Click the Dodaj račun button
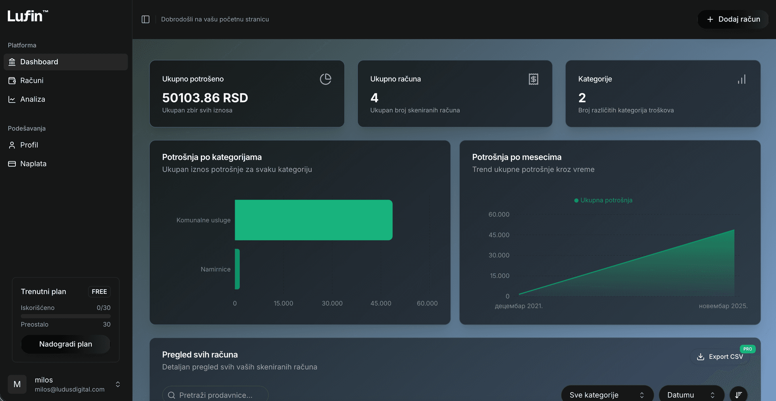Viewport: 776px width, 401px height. (x=733, y=19)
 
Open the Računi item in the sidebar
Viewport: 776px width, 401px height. (x=32, y=80)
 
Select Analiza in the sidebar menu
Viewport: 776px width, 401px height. (x=32, y=99)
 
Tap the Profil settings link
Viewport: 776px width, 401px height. (x=29, y=145)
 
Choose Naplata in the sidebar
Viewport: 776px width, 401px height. (x=33, y=164)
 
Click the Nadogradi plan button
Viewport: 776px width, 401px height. (x=65, y=344)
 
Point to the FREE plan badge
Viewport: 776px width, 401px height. (x=99, y=292)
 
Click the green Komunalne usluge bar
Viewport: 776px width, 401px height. (x=313, y=220)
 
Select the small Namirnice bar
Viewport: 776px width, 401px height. (x=237, y=269)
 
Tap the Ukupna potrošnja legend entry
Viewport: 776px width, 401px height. (x=603, y=200)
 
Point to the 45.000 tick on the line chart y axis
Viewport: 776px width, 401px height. (x=499, y=235)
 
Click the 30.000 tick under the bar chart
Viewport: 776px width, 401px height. (x=332, y=304)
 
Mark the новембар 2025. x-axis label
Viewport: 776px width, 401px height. (x=723, y=306)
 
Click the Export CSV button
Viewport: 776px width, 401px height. (x=720, y=357)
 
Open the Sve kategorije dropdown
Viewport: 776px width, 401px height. (x=607, y=395)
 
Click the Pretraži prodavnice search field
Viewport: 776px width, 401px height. (x=215, y=395)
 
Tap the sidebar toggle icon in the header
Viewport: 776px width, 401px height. (x=145, y=19)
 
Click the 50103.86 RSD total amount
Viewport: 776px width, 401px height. (x=205, y=98)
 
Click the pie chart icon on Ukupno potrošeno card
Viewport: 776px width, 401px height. (x=325, y=79)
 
